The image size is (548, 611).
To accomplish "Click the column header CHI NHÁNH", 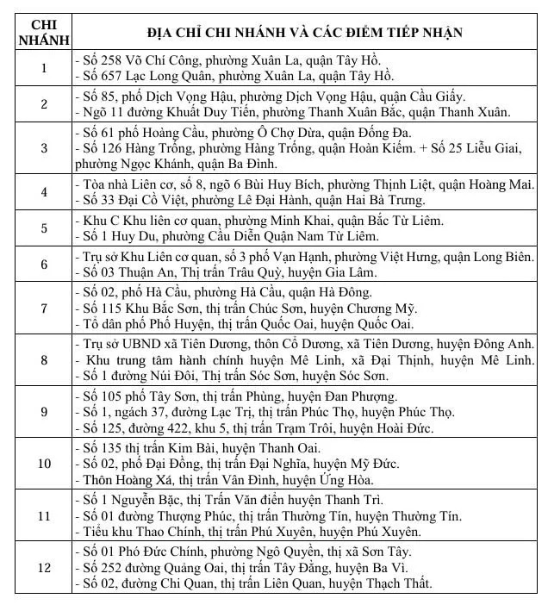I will [x=44, y=33].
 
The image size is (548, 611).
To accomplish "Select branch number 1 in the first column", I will [x=44, y=68].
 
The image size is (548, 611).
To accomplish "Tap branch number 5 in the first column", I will [x=44, y=228].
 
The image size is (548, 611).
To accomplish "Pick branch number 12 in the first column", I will [x=44, y=568].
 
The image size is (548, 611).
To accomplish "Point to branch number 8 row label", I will [x=44, y=361].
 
